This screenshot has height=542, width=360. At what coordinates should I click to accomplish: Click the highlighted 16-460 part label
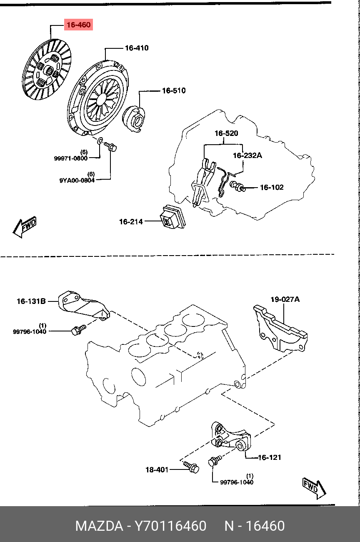click(x=79, y=25)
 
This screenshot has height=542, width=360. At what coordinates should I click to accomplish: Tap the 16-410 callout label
click(x=137, y=48)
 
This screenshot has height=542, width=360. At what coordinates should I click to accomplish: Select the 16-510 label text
click(x=174, y=91)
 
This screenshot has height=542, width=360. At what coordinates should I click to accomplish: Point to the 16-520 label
click(x=226, y=133)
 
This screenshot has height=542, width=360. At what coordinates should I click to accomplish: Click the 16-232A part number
click(x=247, y=156)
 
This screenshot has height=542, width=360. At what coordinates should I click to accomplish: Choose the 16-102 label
click(x=272, y=187)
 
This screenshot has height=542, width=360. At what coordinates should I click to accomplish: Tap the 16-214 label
click(x=131, y=222)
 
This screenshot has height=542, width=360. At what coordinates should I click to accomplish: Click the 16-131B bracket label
click(x=31, y=301)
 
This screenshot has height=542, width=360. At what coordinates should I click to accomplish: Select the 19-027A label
click(x=285, y=299)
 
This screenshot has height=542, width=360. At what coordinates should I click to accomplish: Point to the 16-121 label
click(x=269, y=457)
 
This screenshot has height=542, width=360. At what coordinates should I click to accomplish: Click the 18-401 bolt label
click(x=157, y=470)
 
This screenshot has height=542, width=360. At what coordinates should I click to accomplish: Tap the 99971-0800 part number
click(x=70, y=158)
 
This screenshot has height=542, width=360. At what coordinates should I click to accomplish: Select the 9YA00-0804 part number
click(x=77, y=181)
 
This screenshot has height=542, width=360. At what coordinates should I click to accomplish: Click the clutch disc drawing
click(x=47, y=70)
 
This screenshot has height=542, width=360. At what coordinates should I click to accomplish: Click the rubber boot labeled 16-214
click(x=173, y=217)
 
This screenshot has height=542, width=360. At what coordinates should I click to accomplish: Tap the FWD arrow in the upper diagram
click(x=25, y=227)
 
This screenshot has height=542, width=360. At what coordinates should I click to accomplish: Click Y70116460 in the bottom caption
click(x=170, y=526)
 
